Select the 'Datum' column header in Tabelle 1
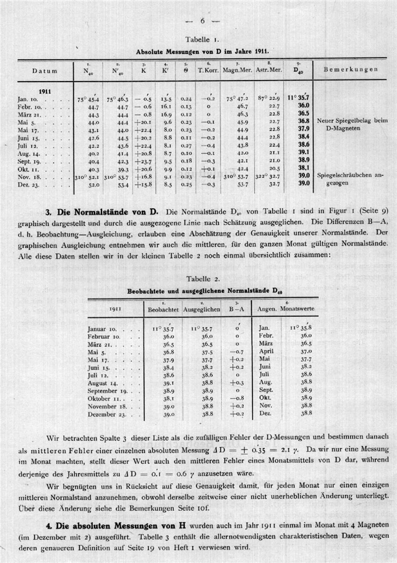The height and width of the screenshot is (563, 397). click(45, 70)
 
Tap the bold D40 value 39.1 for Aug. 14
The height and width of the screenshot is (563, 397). click(304, 152)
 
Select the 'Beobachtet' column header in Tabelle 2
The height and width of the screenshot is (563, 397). click(163, 310)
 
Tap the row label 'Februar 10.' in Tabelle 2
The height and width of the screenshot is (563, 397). click(105, 336)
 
